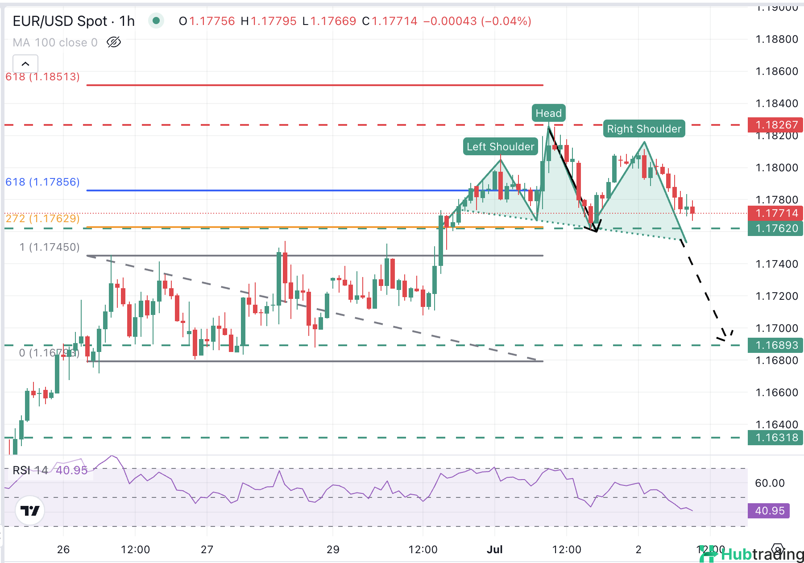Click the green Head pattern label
[x=548, y=113]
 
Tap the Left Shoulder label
[x=500, y=147]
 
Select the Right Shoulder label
[x=644, y=129]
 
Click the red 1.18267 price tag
[x=776, y=125]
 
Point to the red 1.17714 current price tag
[x=776, y=213]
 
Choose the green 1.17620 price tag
[x=776, y=228]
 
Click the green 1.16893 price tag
[x=776, y=345]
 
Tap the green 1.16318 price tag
[x=776, y=438]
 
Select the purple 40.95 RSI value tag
[x=769, y=511]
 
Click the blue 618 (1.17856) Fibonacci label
[x=42, y=182]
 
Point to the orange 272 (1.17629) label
[x=42, y=219]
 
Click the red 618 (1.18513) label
[x=42, y=77]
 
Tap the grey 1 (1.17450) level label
[x=50, y=247]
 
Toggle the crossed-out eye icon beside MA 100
[x=114, y=42]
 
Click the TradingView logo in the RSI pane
[x=30, y=510]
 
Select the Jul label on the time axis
[x=494, y=550]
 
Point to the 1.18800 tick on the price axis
[x=776, y=39]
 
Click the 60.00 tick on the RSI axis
[x=770, y=483]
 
